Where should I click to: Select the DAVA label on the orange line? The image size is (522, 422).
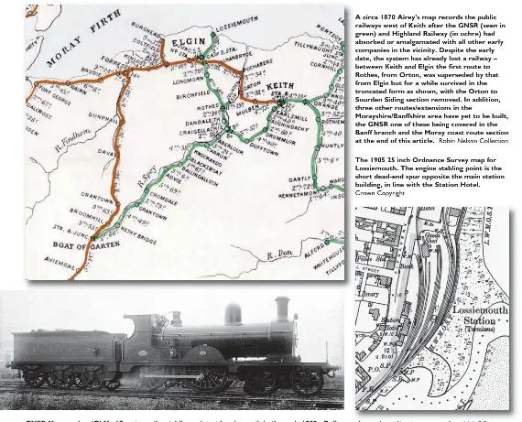[100, 177]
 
